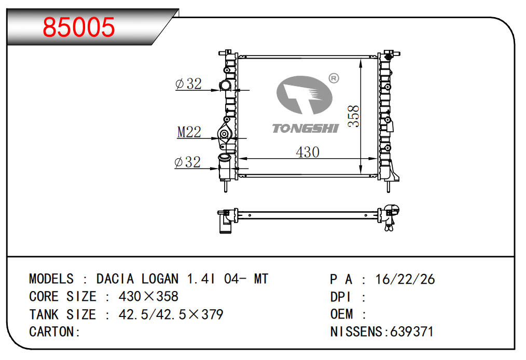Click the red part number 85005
79,27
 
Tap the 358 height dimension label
354,116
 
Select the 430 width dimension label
307,153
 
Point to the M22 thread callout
189,132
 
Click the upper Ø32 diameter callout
188,84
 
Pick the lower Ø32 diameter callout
188,162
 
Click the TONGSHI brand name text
305,129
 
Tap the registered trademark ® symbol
334,78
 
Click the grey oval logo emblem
304,95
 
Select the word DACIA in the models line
115,279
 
